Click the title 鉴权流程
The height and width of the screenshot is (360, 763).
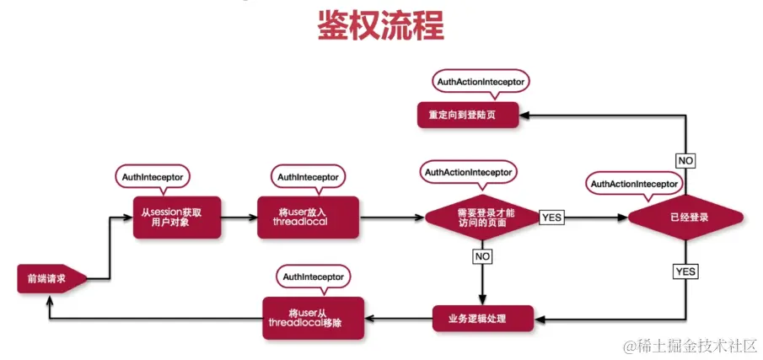[380, 24]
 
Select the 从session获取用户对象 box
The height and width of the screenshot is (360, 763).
[177, 216]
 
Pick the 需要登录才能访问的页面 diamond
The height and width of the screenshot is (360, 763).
[481, 217]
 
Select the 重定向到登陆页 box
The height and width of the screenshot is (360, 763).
[469, 115]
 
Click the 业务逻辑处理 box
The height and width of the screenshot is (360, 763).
[483, 318]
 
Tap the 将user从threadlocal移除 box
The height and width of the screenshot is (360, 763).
[313, 318]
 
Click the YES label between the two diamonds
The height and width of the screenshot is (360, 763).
[551, 217]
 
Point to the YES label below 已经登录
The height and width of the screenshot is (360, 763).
[685, 271]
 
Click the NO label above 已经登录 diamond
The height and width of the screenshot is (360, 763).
[685, 159]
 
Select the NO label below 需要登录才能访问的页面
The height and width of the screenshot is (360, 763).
[482, 254]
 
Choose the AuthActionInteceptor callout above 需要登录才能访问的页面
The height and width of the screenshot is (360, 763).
[468, 172]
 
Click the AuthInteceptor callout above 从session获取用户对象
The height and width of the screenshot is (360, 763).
[153, 176]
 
